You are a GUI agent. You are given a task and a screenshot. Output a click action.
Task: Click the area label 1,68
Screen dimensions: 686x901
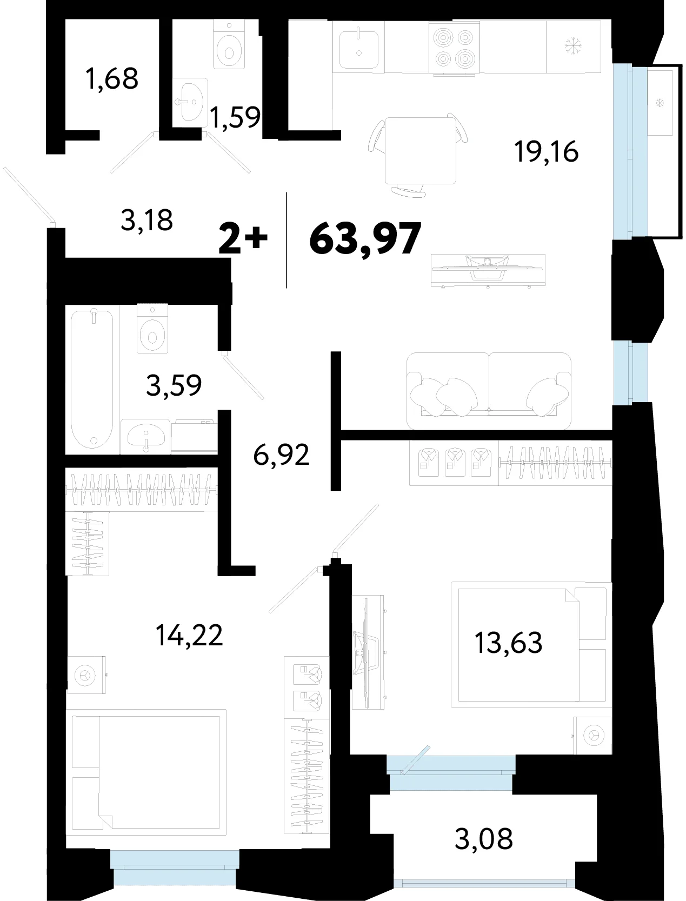click(x=112, y=79)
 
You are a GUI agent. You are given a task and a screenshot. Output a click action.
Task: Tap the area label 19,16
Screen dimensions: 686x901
click(x=546, y=151)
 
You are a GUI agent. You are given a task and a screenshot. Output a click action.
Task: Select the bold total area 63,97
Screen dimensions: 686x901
click(x=365, y=238)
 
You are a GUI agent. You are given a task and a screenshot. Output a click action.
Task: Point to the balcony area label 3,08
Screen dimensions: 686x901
click(x=484, y=839)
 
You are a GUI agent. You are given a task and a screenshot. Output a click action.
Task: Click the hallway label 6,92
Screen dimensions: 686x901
click(x=281, y=455)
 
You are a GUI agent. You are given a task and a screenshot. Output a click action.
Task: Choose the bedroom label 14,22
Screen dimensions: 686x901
click(x=189, y=635)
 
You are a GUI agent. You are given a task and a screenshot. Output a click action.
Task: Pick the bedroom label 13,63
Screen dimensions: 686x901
click(x=508, y=643)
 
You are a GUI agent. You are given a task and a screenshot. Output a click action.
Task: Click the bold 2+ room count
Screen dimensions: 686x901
click(x=243, y=238)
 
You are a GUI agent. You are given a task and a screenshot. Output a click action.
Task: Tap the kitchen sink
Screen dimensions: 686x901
click(x=359, y=50)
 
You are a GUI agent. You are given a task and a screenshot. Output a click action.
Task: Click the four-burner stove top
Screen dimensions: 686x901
click(x=455, y=48)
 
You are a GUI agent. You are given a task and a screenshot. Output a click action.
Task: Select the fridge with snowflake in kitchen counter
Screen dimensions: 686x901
click(x=574, y=47)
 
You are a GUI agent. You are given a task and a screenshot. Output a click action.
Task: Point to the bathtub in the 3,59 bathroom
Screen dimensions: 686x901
click(x=92, y=379)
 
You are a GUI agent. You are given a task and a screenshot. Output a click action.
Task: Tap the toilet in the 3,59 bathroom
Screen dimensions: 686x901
click(x=152, y=329)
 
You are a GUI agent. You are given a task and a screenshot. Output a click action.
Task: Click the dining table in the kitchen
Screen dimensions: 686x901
click(x=420, y=150)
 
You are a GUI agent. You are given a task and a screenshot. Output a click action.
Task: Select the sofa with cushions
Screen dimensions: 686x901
click(x=489, y=391)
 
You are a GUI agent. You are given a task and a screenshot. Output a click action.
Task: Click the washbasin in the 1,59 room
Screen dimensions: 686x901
click(x=190, y=102)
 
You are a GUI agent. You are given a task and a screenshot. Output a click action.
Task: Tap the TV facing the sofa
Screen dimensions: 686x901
click(x=488, y=270)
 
